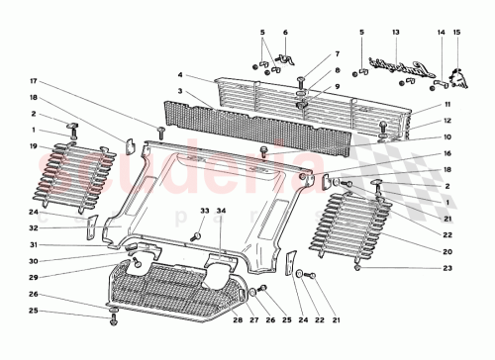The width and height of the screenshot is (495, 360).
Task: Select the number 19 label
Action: pos(33,146)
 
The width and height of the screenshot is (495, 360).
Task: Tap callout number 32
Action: pos(33,227)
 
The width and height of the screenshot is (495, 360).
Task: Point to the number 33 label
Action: pos(205,211)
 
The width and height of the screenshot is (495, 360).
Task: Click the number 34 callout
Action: pos(222,211)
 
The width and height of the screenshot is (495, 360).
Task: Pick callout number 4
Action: pos(180,74)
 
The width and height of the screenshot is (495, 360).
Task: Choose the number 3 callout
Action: pos(180,91)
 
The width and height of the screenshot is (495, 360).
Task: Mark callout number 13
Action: pos(396,33)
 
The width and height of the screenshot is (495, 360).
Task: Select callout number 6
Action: pos(285,33)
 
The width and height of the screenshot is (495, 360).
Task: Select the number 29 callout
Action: pos(33,278)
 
